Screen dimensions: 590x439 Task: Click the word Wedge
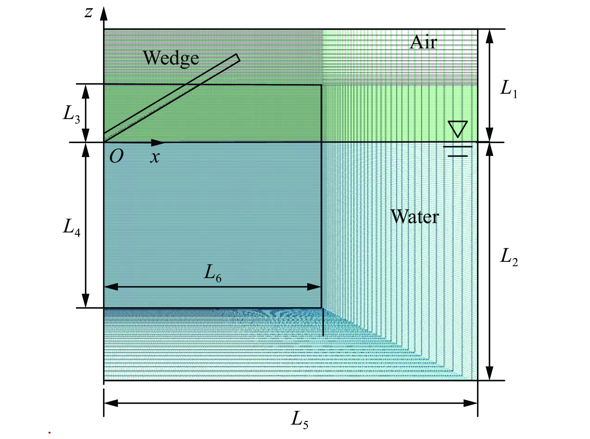click(x=171, y=58)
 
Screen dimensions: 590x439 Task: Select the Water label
click(x=415, y=216)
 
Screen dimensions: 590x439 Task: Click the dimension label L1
click(x=509, y=89)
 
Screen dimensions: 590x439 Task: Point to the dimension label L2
click(x=509, y=257)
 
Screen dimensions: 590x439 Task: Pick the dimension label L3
click(x=71, y=114)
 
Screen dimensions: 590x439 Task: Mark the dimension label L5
click(x=299, y=420)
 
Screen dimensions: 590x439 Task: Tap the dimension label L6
click(x=213, y=273)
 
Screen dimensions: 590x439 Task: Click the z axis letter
click(x=89, y=13)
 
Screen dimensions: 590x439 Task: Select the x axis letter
click(x=155, y=157)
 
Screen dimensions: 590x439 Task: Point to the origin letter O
click(x=116, y=156)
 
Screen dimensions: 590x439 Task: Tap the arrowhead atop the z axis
click(x=104, y=13)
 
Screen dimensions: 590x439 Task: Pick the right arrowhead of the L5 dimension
click(x=470, y=403)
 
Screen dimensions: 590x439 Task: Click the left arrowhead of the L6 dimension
click(x=111, y=287)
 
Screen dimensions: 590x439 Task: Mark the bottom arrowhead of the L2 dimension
click(x=490, y=373)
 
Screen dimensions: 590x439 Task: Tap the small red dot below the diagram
click(x=49, y=433)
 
